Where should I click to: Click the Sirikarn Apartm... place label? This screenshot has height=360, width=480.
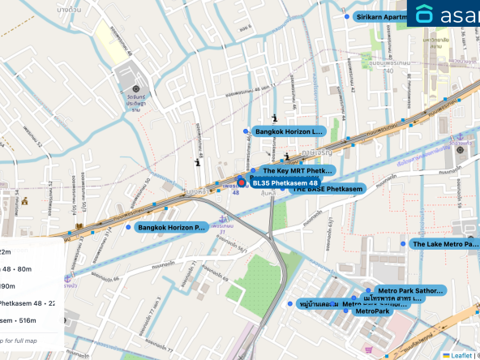(x=380, y=16)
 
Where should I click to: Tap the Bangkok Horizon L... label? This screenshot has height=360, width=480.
(x=289, y=131)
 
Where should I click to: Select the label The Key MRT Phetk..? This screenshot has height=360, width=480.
(x=297, y=171)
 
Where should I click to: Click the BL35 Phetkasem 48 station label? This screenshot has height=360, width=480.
(x=284, y=183)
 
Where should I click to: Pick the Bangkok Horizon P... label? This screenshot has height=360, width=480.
(x=172, y=228)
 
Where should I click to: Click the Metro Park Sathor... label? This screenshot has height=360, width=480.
(x=410, y=290)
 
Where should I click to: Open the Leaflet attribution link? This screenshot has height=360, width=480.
(x=461, y=355)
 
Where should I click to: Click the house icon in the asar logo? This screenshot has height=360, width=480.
(x=425, y=14)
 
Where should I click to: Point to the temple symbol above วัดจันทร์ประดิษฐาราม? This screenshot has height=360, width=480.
(x=135, y=88)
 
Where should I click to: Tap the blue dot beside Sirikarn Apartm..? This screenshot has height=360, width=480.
(x=346, y=16)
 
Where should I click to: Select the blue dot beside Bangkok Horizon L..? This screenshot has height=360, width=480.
(x=246, y=131)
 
